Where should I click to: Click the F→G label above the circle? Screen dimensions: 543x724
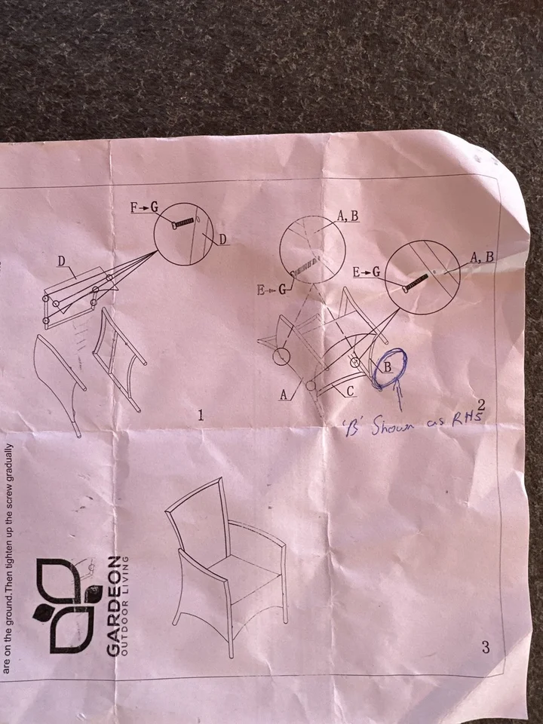(144, 208)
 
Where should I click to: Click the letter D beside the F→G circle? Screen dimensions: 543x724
(222, 240)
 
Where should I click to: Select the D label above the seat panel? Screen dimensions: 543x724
(61, 262)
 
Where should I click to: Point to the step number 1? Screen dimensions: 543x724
(201, 415)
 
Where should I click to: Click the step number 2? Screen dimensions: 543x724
(482, 405)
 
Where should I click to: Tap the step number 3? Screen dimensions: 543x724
(485, 647)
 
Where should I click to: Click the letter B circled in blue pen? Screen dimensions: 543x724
(388, 367)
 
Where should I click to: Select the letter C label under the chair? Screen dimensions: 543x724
(351, 391)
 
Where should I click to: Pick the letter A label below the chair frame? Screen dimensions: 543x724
(284, 394)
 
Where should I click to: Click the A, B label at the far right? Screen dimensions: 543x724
(482, 257)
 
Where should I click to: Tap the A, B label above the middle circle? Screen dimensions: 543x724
(348, 215)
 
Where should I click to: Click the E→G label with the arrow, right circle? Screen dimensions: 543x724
(367, 272)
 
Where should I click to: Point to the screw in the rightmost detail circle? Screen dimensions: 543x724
(415, 283)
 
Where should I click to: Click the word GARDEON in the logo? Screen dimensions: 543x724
(112, 606)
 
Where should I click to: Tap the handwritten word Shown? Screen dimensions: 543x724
(392, 425)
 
